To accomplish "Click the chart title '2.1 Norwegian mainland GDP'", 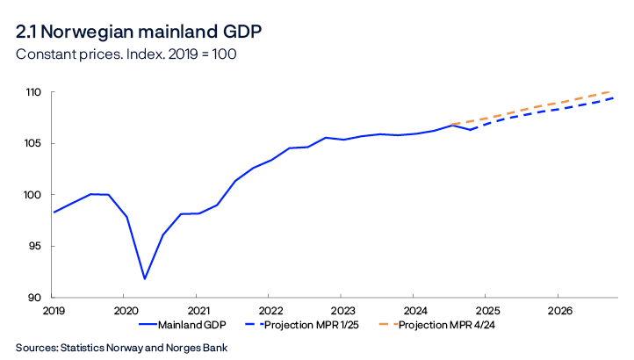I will [x=138, y=32].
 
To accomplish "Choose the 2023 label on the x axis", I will [x=342, y=311].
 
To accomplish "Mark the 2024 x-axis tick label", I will [x=414, y=311].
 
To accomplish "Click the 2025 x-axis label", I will [x=487, y=311].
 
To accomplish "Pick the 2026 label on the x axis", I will [x=559, y=311].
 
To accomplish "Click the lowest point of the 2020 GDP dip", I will [x=144, y=278].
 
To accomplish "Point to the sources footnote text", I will [x=121, y=347].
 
